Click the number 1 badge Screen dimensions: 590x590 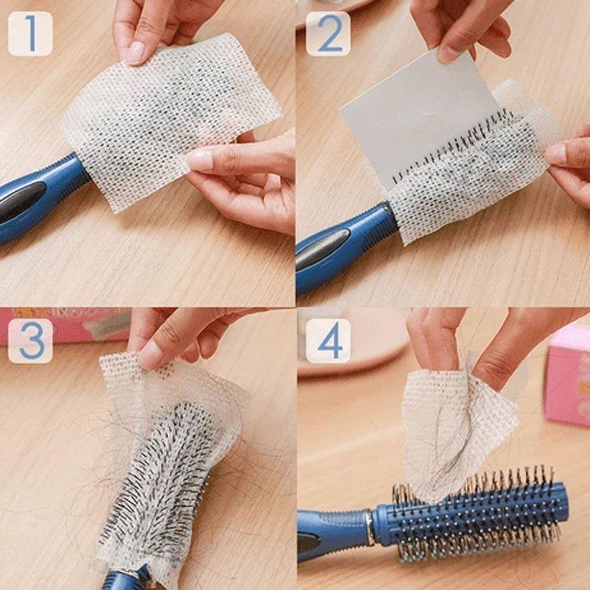(x=30, y=34)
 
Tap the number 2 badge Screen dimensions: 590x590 (x=328, y=34)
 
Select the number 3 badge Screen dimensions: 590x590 (x=30, y=340)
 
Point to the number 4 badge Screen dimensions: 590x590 (x=328, y=340)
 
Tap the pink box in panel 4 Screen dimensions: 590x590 (x=566, y=378)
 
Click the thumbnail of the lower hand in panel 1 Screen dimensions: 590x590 (x=201, y=159)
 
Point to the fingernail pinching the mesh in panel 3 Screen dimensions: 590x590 (x=150, y=354)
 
